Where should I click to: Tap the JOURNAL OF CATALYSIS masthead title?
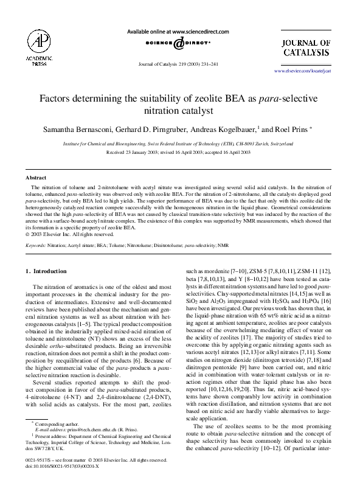click(306, 47)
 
